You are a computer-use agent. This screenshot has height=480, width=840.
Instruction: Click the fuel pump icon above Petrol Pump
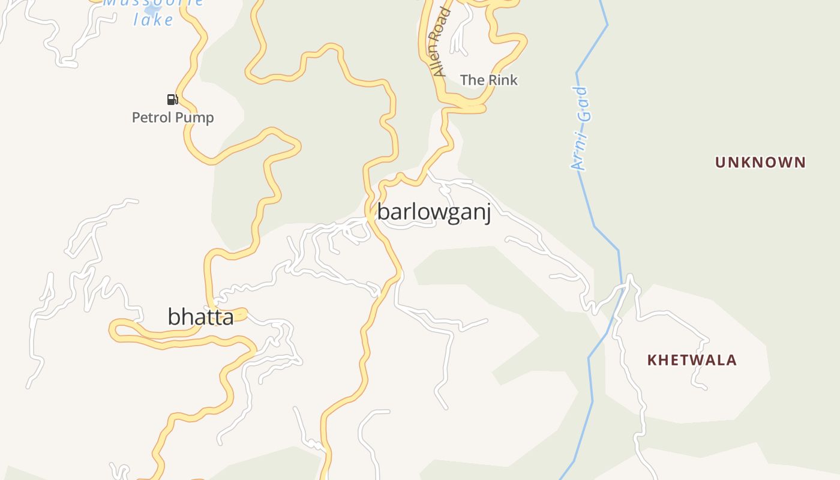(172, 100)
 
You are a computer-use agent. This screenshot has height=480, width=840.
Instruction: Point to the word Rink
(502, 80)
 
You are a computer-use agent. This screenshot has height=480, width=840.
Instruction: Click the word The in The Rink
(472, 80)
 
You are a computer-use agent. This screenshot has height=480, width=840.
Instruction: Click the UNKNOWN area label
(760, 162)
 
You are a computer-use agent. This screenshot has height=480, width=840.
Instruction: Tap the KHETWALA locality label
(692, 360)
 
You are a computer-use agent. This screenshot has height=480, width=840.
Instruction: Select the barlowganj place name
(434, 212)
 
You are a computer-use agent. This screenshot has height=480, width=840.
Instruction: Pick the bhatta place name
(200, 317)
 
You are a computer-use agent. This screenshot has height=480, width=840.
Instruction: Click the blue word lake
(153, 20)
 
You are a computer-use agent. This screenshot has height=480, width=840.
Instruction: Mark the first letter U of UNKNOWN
(720, 162)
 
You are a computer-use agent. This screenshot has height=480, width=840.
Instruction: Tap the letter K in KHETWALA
(652, 360)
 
